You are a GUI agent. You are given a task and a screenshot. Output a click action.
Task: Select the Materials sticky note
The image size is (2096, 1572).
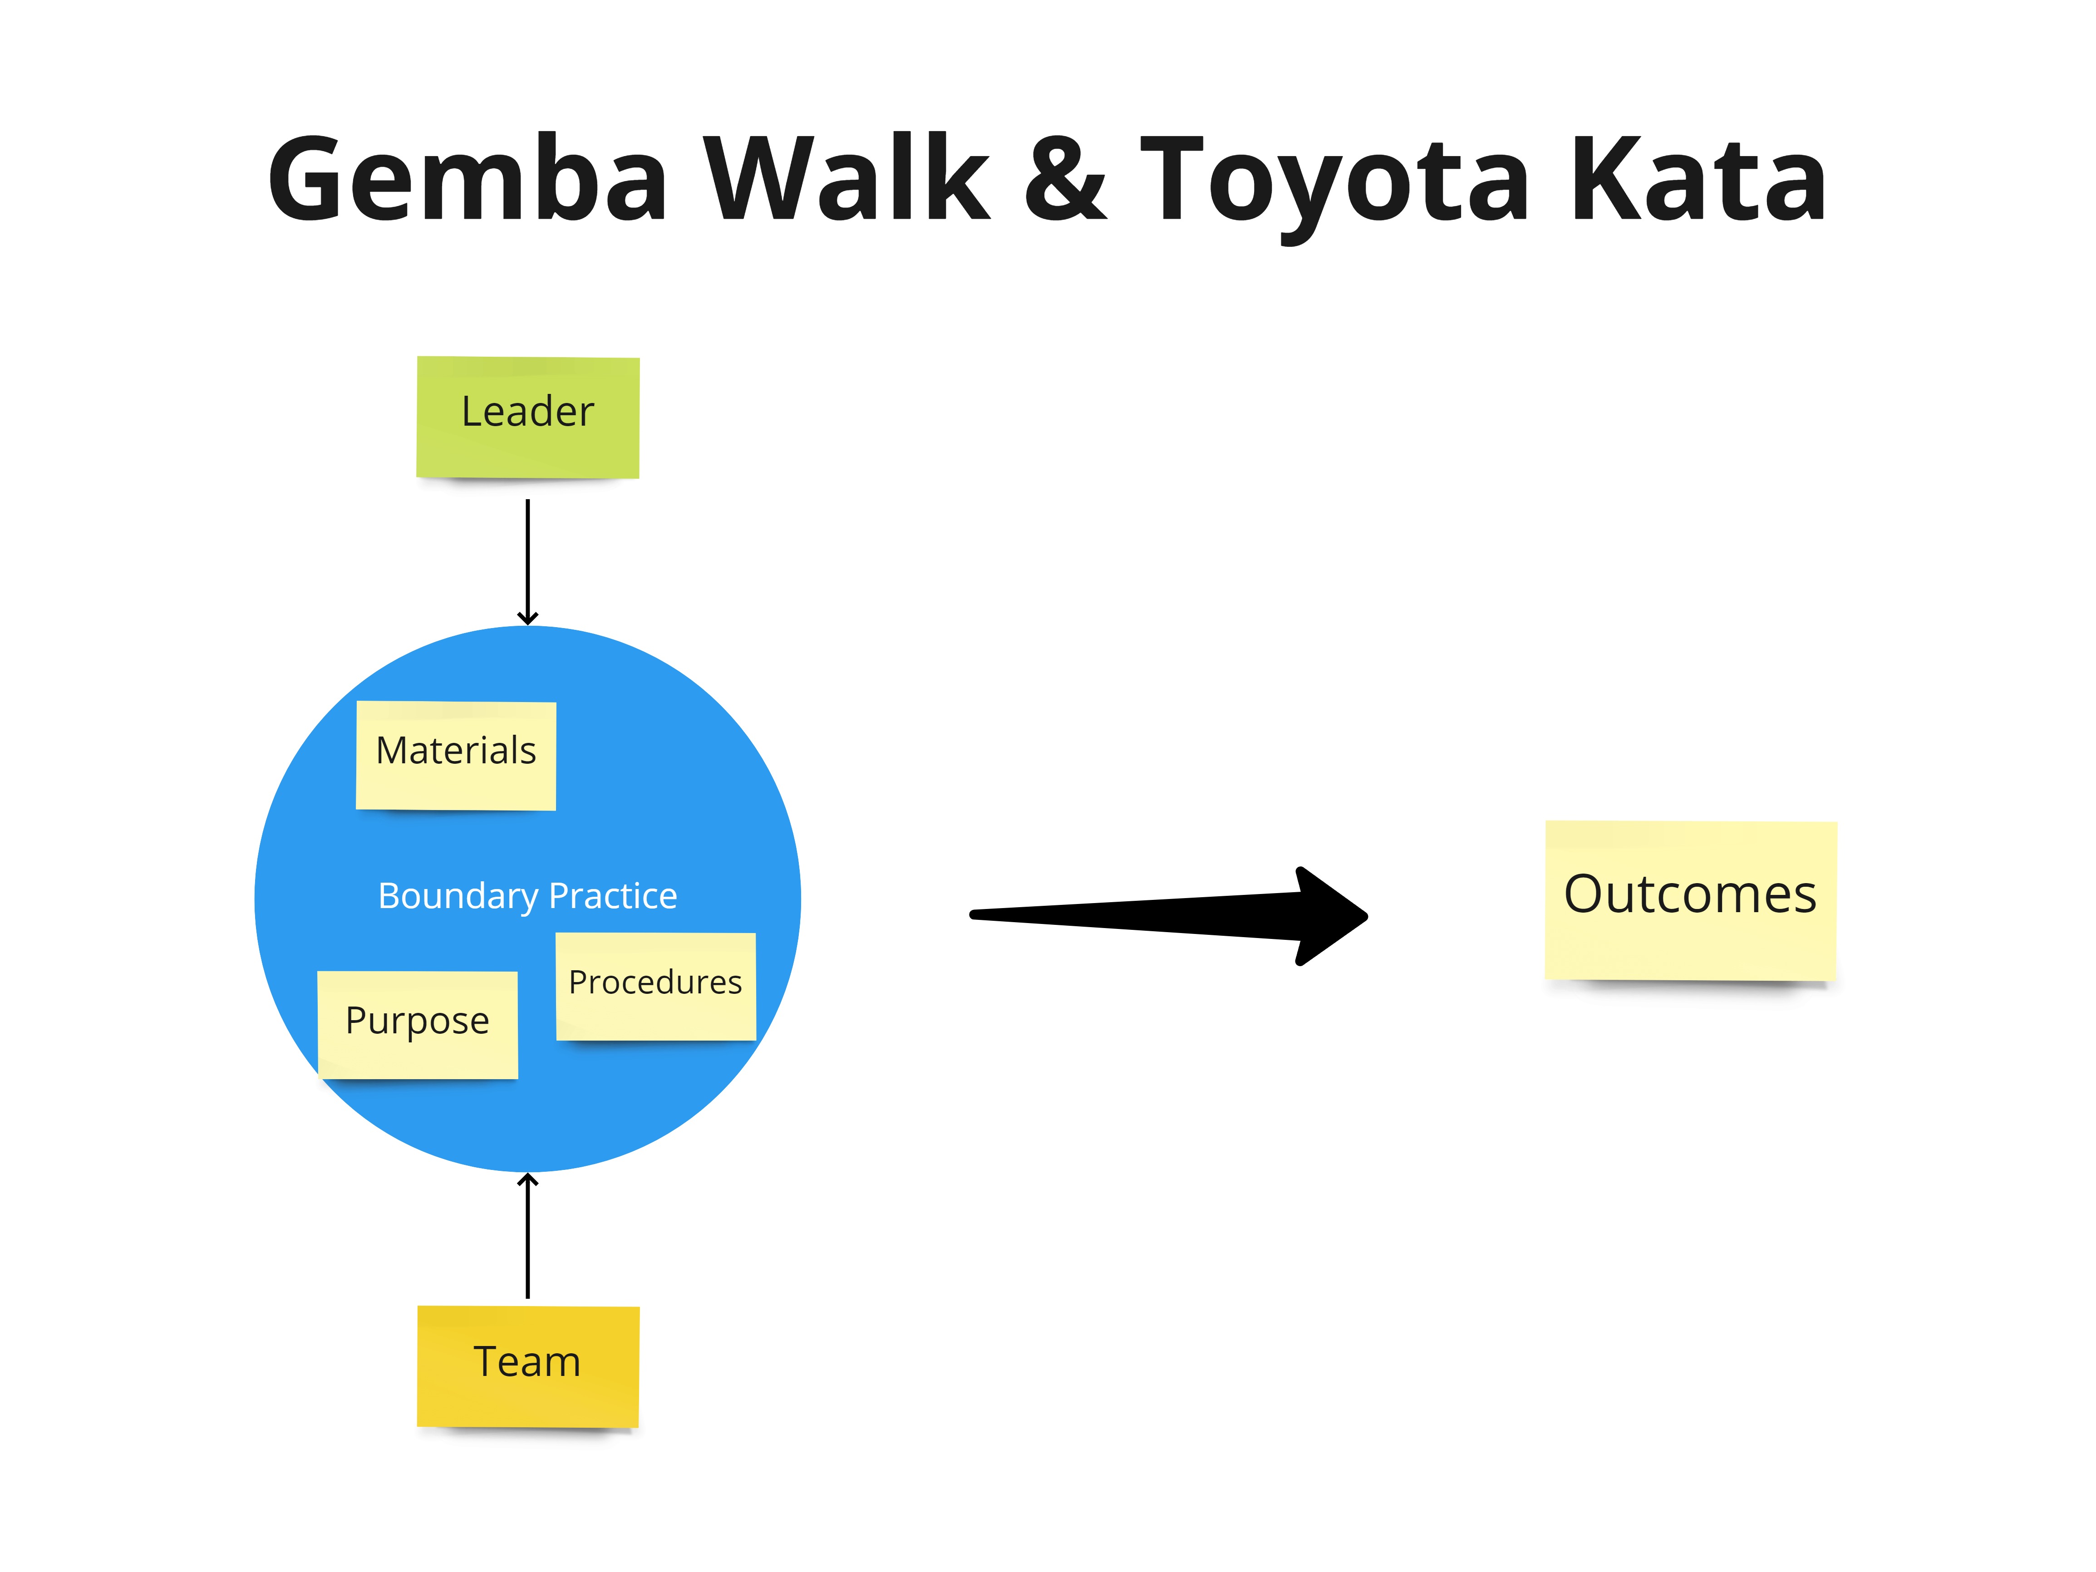point(456,755)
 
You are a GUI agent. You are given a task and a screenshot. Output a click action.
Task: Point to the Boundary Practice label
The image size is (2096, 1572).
point(528,895)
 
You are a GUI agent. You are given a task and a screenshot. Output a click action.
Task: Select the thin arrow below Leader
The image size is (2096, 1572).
point(528,559)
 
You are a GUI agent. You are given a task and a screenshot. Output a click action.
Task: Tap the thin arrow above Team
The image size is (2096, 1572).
point(528,1237)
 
